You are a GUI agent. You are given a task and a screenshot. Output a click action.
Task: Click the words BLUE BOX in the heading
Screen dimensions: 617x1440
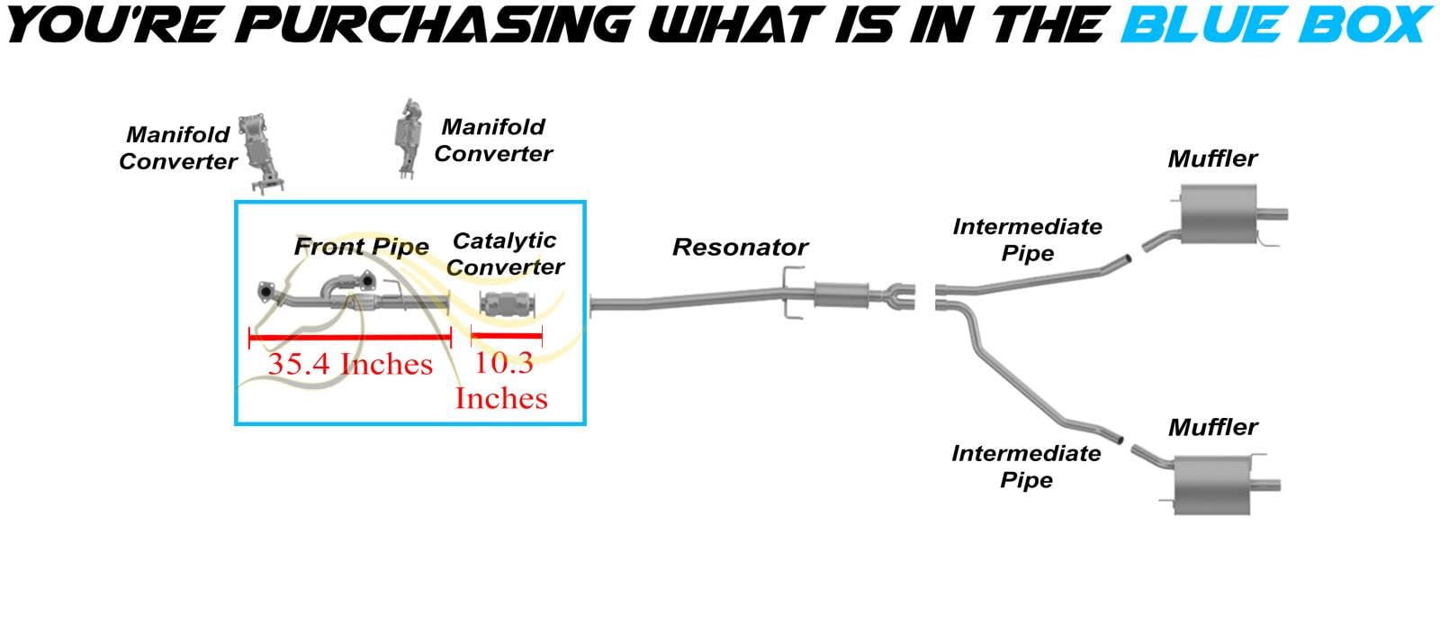tap(1275, 24)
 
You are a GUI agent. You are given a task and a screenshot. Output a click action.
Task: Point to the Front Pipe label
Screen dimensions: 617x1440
tap(361, 247)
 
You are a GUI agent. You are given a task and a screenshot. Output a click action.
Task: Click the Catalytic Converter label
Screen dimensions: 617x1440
tap(505, 254)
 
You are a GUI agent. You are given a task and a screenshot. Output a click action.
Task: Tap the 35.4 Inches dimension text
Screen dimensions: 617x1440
tap(350, 365)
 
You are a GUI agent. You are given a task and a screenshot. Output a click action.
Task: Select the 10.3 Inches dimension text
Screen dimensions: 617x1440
tap(502, 380)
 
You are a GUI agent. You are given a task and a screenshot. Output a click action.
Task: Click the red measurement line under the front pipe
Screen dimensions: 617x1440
tap(350, 337)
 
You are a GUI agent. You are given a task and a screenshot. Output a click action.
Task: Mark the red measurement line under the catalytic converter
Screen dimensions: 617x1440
tap(507, 337)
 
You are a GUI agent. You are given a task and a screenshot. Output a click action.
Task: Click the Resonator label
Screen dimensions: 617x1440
tap(740, 248)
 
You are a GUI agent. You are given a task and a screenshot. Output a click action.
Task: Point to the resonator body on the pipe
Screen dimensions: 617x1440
tap(841, 294)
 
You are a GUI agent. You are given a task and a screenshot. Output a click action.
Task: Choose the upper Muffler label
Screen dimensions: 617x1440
tap(1212, 159)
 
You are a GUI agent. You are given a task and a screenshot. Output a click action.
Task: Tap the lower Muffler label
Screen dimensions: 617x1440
tap(1212, 428)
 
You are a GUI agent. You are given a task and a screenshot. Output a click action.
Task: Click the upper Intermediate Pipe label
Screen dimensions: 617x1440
tap(1027, 240)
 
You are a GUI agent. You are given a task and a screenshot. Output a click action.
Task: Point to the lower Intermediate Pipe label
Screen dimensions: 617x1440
tap(1026, 467)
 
